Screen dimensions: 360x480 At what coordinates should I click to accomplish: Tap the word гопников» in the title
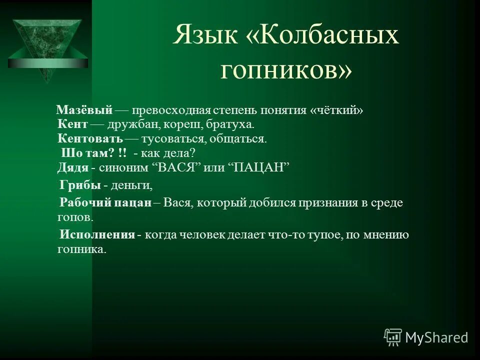pyautogui.click(x=286, y=70)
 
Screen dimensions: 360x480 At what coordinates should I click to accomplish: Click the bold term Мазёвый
pyautogui.click(x=84, y=109)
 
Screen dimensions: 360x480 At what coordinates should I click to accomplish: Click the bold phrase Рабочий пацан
pyautogui.click(x=105, y=202)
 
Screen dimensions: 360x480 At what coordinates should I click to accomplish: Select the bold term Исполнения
pyautogui.click(x=97, y=234)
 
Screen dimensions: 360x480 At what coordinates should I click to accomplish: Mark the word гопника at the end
pyautogui.click(x=82, y=249)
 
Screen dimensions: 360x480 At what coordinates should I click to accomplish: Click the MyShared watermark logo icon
pyautogui.click(x=393, y=337)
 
